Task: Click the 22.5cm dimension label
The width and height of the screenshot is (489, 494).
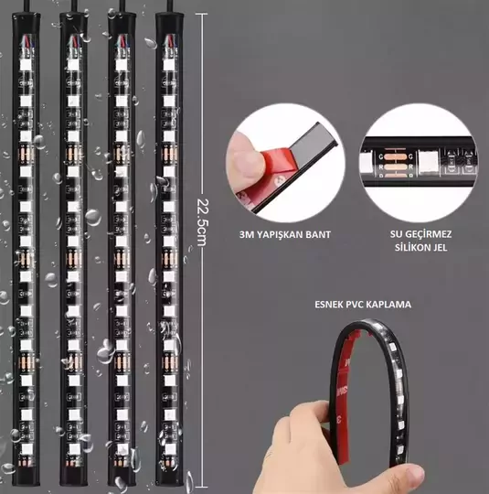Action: coord(203,222)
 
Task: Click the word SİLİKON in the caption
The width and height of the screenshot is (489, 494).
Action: coord(411,247)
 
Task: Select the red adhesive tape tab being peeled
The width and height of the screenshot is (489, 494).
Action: coord(277,167)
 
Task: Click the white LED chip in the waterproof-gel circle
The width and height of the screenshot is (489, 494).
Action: coord(429,162)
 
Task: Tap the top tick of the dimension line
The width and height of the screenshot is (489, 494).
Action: coord(201,14)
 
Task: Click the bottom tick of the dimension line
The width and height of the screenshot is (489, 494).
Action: coord(201,487)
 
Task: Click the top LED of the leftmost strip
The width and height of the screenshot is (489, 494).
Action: coord(26,66)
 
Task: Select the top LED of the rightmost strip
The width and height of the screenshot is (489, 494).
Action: coord(169,65)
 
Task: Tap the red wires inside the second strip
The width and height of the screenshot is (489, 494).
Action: coord(74,40)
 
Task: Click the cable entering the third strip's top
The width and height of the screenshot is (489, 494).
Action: coord(122,6)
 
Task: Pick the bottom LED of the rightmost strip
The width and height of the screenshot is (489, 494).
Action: coord(170,448)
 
